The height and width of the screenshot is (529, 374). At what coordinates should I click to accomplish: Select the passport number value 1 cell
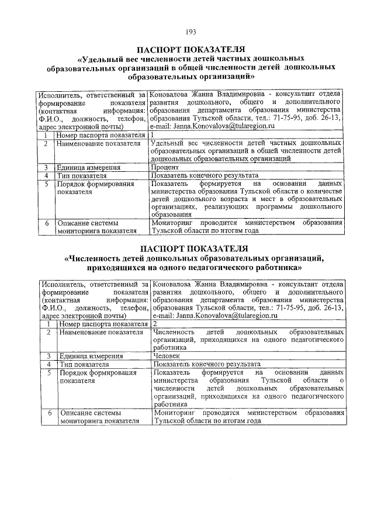pos(153,135)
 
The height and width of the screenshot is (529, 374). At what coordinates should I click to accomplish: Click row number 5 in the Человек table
pos(50,372)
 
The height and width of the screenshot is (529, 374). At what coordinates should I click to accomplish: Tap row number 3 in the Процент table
pos(45,167)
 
